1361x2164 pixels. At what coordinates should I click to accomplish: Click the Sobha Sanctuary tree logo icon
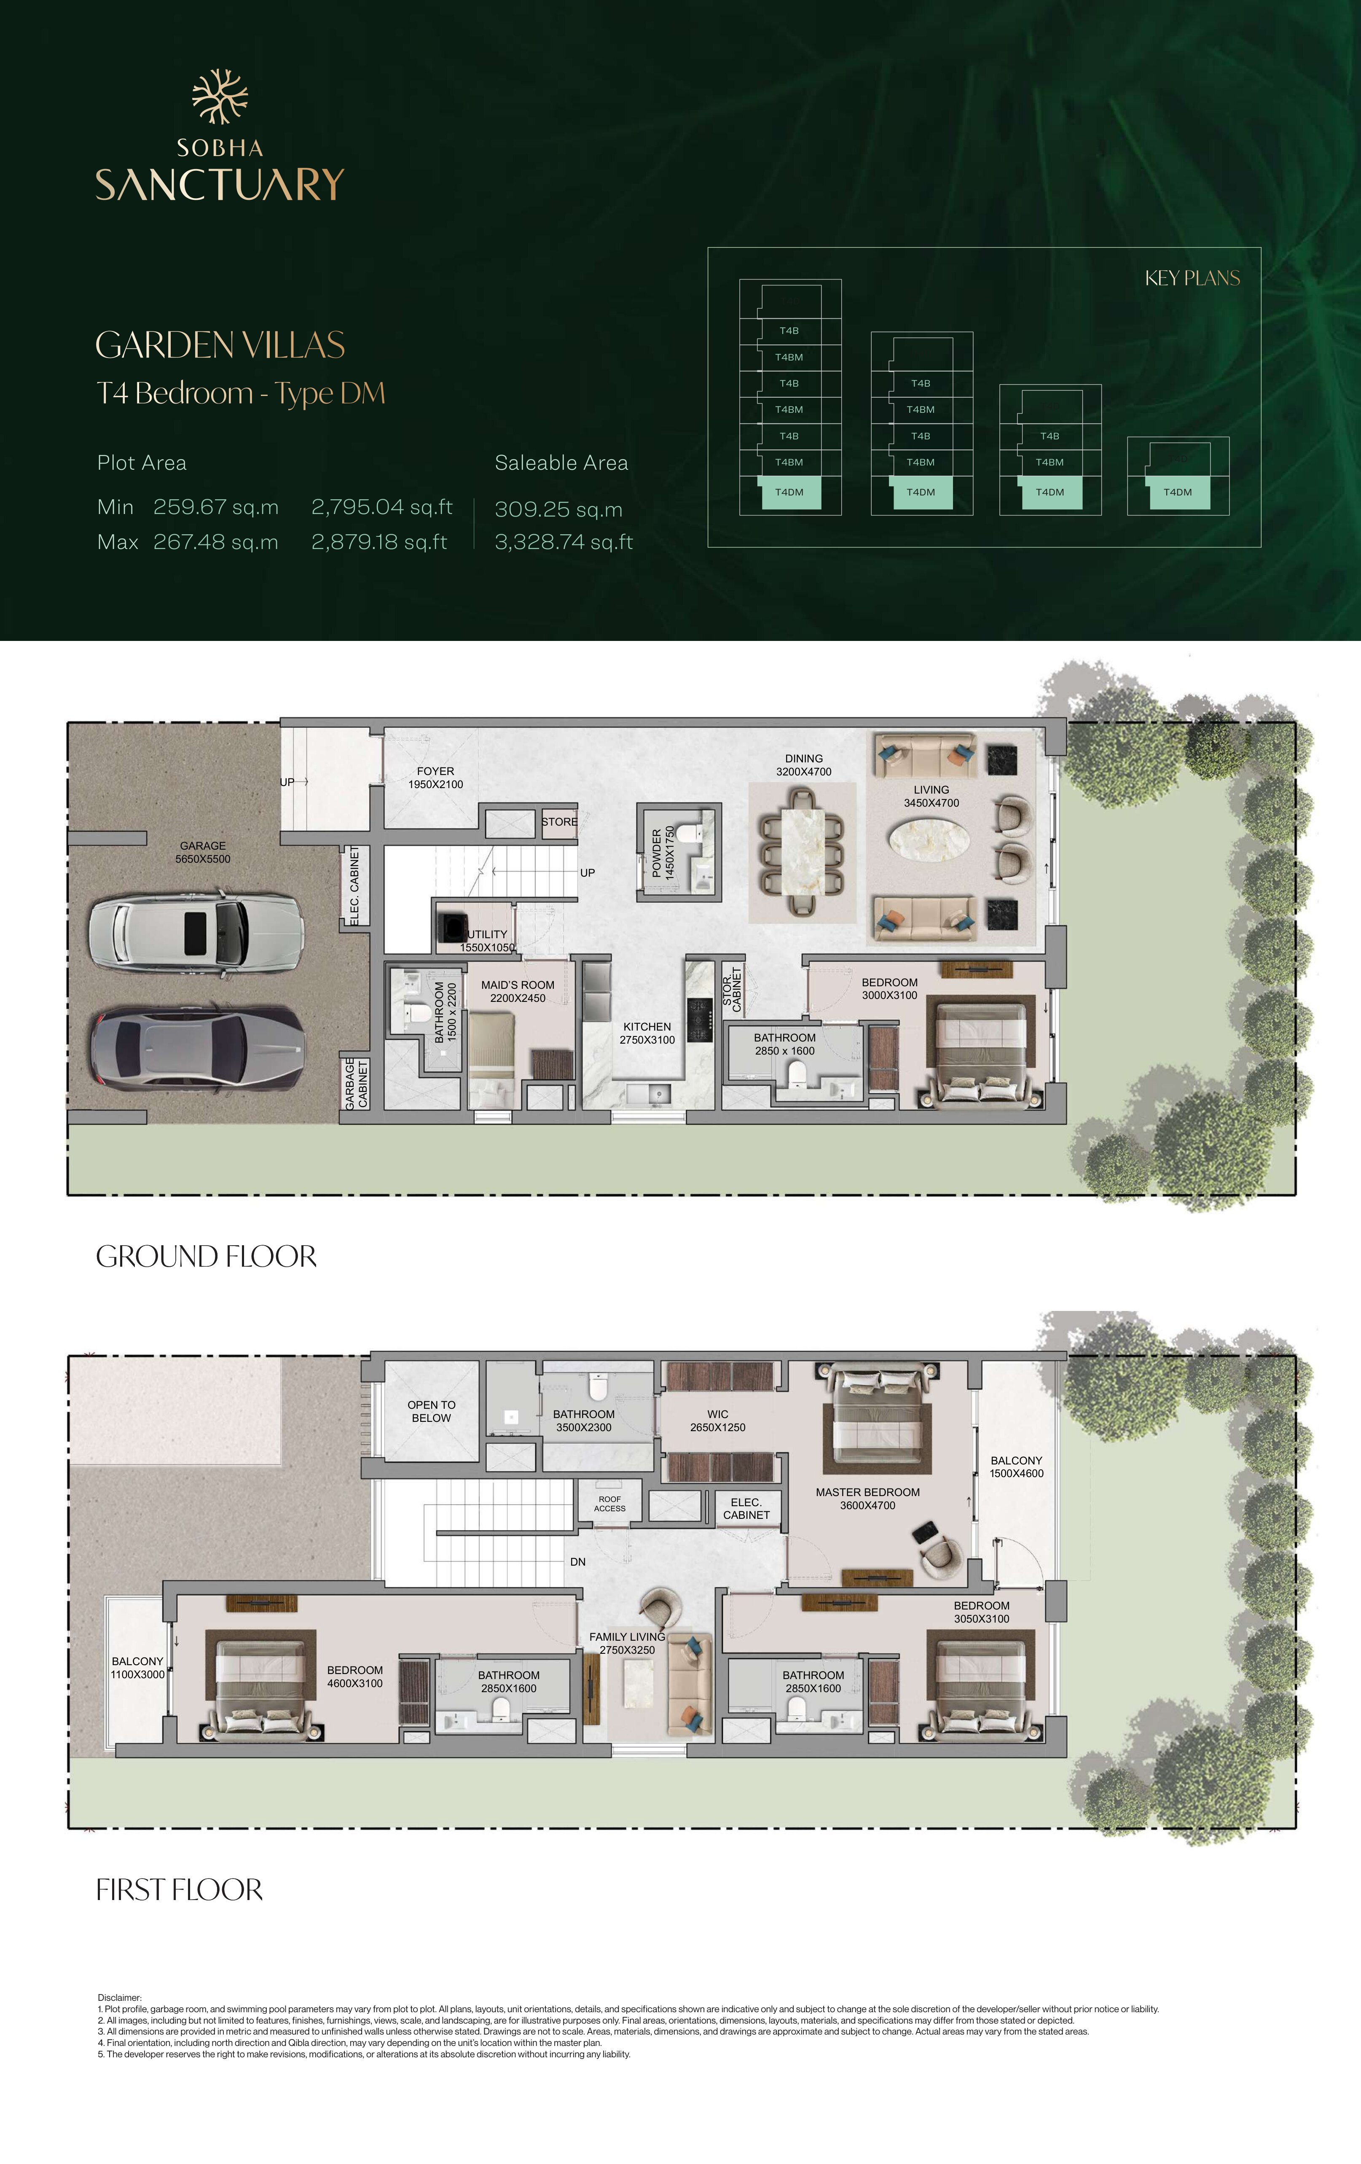click(x=220, y=96)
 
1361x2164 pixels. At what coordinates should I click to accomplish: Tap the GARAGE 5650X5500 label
click(x=203, y=852)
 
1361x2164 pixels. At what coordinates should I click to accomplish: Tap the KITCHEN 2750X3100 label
click(x=647, y=1033)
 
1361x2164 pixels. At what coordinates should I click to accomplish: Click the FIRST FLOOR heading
click(x=180, y=1890)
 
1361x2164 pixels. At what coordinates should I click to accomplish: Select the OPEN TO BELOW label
click(x=431, y=1411)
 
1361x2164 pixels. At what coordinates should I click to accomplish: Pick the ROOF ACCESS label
click(x=610, y=1504)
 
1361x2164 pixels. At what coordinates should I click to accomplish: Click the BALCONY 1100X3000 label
click(x=137, y=1668)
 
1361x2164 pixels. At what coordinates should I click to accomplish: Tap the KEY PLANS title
click(x=1192, y=279)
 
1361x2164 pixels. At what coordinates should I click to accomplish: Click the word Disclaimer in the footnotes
click(x=119, y=1998)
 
